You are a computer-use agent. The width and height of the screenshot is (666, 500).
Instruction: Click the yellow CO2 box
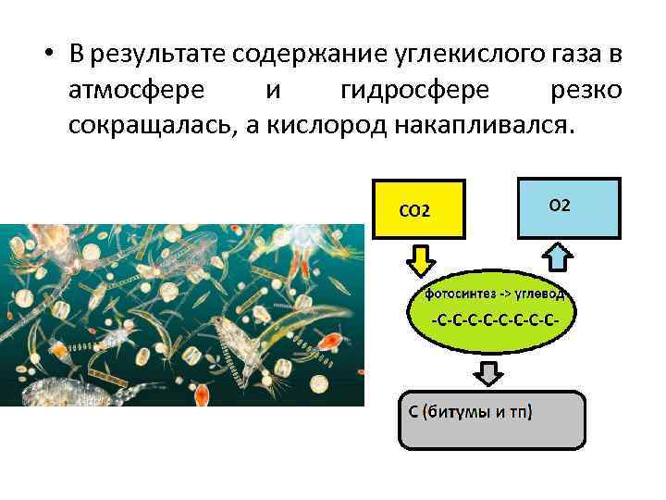417,210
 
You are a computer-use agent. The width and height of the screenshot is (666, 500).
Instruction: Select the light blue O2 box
567,208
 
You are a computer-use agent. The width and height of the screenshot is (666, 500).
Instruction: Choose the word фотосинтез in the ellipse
459,294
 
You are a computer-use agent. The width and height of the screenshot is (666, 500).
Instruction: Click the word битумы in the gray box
465,411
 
